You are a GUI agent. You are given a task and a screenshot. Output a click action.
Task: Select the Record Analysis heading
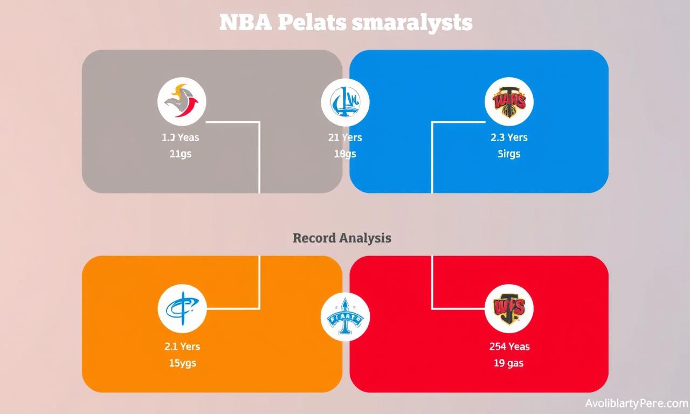click(x=342, y=238)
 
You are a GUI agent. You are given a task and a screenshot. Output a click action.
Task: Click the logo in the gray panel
click(x=182, y=101)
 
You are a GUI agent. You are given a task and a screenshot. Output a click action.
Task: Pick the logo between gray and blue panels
click(x=345, y=101)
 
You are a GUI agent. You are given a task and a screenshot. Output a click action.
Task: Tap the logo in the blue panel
click(x=509, y=101)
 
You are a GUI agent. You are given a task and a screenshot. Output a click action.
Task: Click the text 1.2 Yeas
click(x=180, y=137)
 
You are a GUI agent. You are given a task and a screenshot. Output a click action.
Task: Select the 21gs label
click(x=180, y=154)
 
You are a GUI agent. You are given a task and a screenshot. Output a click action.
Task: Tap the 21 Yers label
click(x=345, y=137)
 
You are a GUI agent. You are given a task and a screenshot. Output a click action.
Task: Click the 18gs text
click(x=345, y=154)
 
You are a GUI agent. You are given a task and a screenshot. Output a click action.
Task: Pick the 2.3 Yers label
click(x=509, y=137)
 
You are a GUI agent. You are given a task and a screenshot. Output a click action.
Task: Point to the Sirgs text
click(x=509, y=154)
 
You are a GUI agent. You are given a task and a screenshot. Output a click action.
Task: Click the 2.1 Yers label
click(x=182, y=347)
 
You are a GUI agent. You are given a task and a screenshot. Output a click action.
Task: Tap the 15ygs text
click(x=182, y=363)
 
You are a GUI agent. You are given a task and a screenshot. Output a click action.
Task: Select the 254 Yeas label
click(x=509, y=347)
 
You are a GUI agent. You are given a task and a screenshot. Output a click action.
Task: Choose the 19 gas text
click(x=509, y=363)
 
